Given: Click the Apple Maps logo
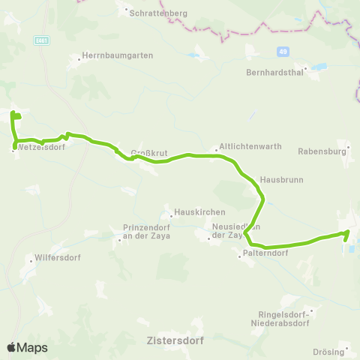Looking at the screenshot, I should coord(27,347).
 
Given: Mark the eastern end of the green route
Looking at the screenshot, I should coord(348,233).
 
